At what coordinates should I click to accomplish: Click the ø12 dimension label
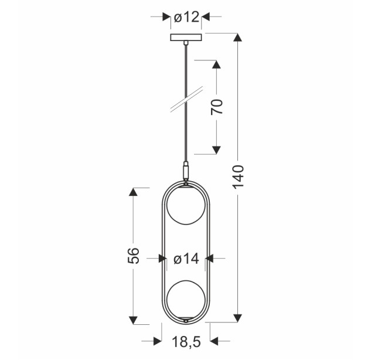[x=186, y=17]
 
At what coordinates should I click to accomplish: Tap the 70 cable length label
[x=217, y=107]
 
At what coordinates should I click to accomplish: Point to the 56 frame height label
[x=133, y=256]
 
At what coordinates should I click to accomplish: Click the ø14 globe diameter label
[x=186, y=259]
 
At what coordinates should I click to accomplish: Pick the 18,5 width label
[x=186, y=342]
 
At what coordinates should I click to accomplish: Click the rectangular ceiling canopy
[x=186, y=38]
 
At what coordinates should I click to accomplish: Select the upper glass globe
[x=186, y=205]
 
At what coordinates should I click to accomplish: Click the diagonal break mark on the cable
[x=187, y=99]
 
